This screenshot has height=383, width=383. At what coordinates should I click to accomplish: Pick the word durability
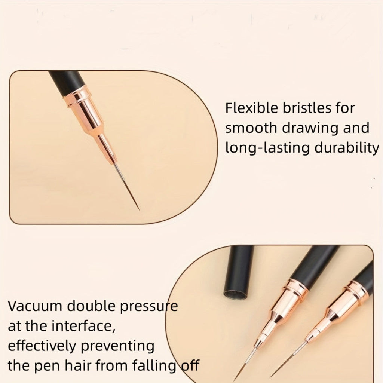click(x=346, y=148)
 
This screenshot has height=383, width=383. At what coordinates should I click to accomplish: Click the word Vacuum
click(x=35, y=306)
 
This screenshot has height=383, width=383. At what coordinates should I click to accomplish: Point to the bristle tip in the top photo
click(x=139, y=210)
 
